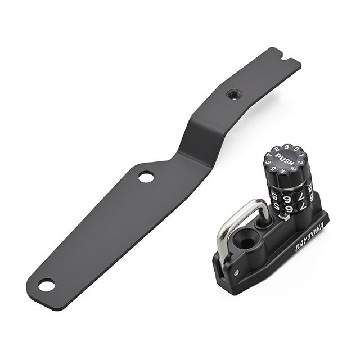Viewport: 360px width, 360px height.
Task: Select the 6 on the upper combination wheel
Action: point(286,198)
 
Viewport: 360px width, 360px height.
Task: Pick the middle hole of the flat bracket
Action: point(146,177)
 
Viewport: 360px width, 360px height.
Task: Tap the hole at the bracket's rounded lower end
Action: point(47,285)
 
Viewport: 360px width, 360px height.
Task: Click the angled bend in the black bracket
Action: point(191,141)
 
